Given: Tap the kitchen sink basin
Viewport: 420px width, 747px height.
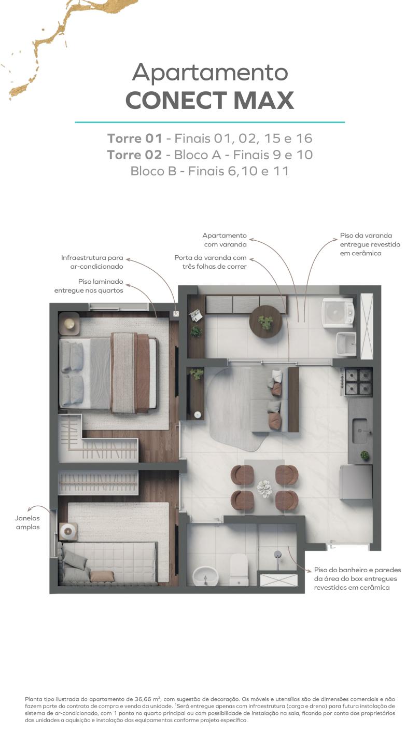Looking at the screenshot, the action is [x=360, y=431].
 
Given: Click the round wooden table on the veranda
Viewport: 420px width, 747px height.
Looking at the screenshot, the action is [x=265, y=322].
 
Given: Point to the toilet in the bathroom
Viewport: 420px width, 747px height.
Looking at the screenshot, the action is [x=239, y=570].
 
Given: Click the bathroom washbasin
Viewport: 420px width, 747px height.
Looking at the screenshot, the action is [x=206, y=576].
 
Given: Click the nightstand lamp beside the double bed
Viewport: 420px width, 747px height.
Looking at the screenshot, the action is [x=69, y=323].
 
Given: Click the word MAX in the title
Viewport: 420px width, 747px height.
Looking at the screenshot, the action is [x=264, y=101].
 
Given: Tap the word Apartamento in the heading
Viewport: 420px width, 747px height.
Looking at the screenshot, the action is [x=210, y=72].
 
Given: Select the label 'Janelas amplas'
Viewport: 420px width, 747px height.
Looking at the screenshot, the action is [x=27, y=522].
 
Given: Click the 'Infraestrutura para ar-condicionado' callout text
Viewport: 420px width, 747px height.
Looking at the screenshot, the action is [x=92, y=262].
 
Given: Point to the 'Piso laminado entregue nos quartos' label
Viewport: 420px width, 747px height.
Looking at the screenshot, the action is [x=89, y=286].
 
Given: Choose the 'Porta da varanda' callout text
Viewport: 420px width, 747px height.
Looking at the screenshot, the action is [x=211, y=262].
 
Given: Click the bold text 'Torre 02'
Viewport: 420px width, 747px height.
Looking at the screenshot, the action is [x=134, y=155].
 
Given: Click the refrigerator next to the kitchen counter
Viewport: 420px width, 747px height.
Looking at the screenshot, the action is [x=356, y=482].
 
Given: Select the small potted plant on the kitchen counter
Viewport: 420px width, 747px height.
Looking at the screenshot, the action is [x=365, y=455].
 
